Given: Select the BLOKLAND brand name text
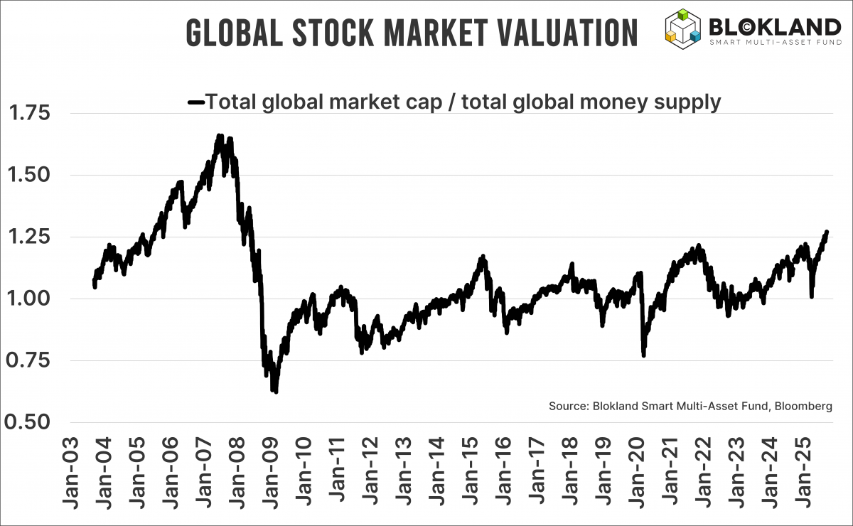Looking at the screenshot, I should [x=775, y=27].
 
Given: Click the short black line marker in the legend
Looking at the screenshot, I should [x=195, y=102].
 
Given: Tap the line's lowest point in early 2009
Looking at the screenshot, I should [x=275, y=391].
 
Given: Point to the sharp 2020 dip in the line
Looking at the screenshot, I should [x=644, y=354].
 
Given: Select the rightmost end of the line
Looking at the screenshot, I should [x=827, y=232].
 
